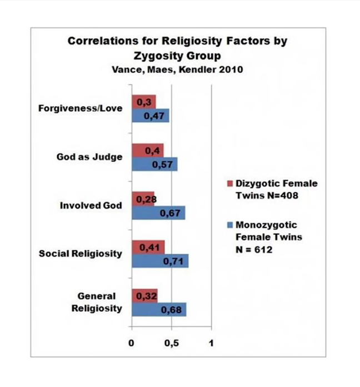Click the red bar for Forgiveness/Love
pos(144,102)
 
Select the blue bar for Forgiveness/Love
pos(151,116)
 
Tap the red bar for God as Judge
pos(148,150)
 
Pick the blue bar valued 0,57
pos(154,164)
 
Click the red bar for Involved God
pos(143,199)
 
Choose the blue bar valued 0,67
pos(158,212)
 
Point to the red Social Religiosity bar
pos(148,247)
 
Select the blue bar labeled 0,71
pos(160,261)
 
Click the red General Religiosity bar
pos(144,295)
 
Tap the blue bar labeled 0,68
pos(159,309)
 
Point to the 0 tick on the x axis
pos(132,343)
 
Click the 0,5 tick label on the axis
pos(171,343)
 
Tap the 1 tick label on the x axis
pos(211,343)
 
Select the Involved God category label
pos(91,205)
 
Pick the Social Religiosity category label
pos(80,254)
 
